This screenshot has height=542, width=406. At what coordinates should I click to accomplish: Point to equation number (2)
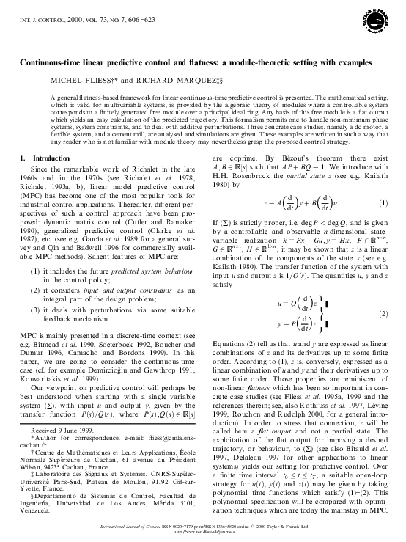(384, 293)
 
